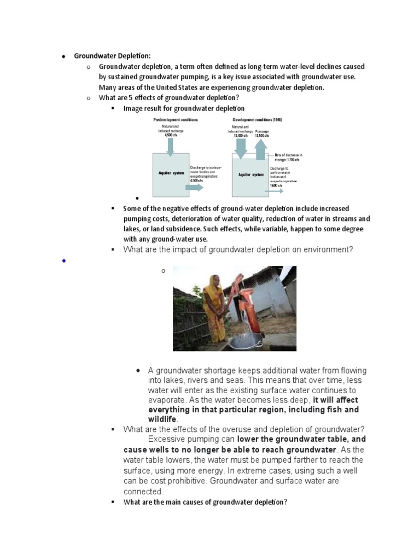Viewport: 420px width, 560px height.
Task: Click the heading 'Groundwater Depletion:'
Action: (112, 56)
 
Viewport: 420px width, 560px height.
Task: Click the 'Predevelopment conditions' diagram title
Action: (175, 119)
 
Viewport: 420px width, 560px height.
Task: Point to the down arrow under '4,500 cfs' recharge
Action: (170, 145)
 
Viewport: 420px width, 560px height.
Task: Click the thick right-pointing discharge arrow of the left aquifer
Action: (194, 187)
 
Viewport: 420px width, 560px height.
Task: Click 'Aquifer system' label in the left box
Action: (171, 173)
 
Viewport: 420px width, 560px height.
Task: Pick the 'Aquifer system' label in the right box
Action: (251, 175)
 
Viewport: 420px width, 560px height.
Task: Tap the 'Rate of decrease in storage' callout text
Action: (288, 157)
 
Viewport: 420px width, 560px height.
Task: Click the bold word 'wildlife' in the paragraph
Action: (163, 419)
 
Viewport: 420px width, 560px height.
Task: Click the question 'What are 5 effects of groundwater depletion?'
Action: (169, 98)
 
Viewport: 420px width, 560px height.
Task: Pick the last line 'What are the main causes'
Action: (205, 502)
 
